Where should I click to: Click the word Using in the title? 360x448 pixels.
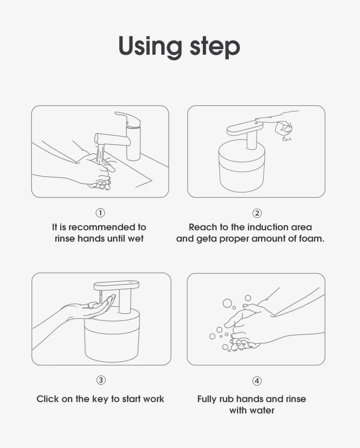150,47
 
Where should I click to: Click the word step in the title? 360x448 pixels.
215,47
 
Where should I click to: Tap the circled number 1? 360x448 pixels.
100,213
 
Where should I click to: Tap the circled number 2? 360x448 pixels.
257,213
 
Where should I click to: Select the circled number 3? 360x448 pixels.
101,380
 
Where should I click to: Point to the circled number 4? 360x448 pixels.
257,381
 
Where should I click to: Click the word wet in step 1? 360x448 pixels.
135,238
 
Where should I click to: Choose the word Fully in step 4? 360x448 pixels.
207,399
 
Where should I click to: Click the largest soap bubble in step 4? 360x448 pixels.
227,304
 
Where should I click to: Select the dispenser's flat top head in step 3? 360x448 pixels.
117,285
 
